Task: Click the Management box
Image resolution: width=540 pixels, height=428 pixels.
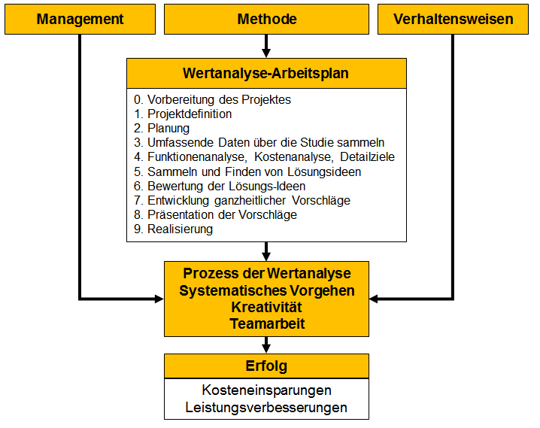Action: point(80,20)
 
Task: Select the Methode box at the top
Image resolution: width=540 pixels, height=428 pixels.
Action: point(266,20)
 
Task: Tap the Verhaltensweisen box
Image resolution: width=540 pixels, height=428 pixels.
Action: point(453,20)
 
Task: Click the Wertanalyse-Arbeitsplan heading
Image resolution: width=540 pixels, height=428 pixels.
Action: point(266,74)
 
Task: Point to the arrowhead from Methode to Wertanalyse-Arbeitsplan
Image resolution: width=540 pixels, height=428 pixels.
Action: point(266,53)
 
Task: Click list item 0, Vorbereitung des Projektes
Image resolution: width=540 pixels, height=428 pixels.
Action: point(213,100)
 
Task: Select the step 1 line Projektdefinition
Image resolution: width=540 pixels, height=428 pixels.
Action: point(183,114)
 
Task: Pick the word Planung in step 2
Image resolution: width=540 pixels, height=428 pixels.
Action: point(168,129)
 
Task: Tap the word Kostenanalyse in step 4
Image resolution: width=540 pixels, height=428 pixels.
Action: point(294,157)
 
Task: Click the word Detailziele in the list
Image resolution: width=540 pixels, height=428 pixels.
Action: point(367,157)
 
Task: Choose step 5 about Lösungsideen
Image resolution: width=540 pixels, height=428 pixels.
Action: point(247,172)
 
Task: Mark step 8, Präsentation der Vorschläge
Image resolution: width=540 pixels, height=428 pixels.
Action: point(216,215)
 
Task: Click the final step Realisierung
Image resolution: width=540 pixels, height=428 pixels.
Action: point(174,229)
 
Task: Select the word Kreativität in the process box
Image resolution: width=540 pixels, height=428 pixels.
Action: point(266,307)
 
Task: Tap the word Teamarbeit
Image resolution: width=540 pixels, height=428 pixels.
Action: point(267,323)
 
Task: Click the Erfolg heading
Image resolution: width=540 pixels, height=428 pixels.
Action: point(266,366)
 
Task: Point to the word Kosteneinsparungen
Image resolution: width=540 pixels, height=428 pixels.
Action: point(266,390)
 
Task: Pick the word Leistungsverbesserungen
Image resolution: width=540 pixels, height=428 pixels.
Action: point(266,408)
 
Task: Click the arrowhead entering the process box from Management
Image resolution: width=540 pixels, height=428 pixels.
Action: point(159,299)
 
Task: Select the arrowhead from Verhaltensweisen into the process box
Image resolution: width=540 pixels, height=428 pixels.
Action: point(374,299)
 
